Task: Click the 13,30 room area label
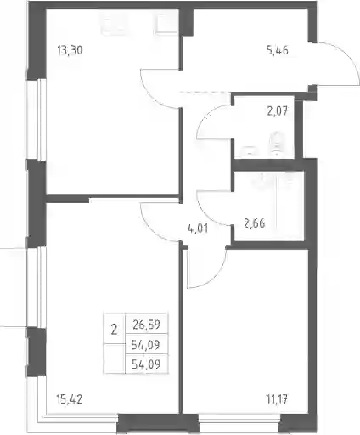tap(70, 50)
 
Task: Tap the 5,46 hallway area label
tap(278, 50)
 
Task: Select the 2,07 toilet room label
tap(278, 111)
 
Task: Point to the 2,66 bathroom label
tap(255, 223)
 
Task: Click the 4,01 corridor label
tap(198, 229)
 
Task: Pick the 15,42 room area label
tap(70, 399)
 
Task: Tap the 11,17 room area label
tap(277, 399)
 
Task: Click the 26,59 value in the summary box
tap(147, 325)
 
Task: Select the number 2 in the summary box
tap(114, 330)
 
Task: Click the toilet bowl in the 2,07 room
tap(277, 144)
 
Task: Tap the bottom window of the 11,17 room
tap(239, 427)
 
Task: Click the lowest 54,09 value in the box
tap(146, 364)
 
